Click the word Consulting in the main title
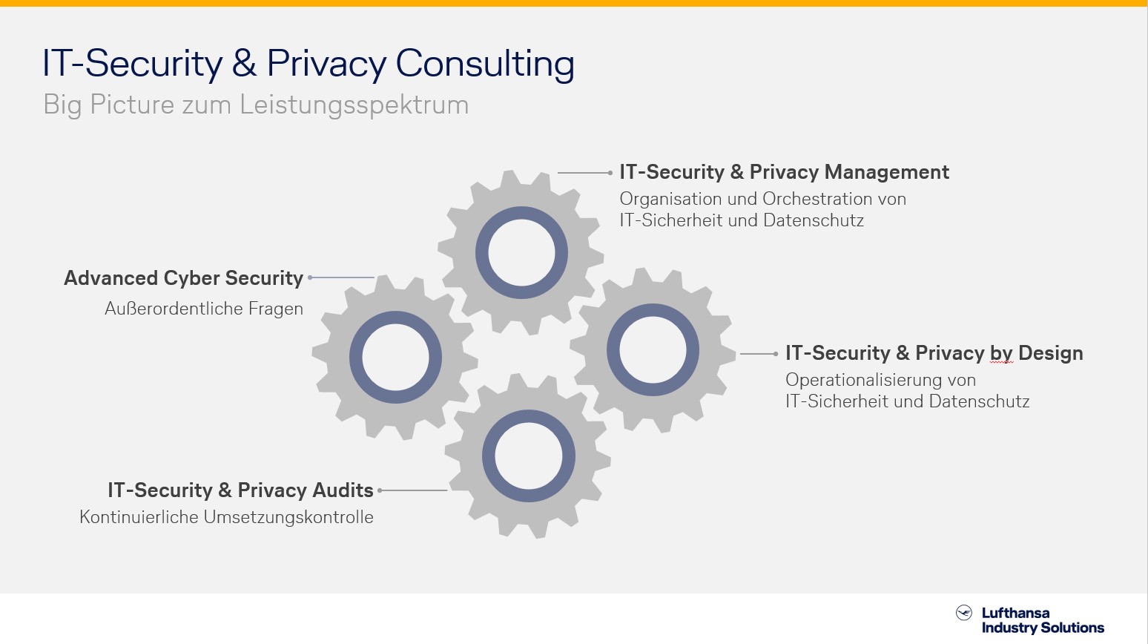point(484,64)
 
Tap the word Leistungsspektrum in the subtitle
point(354,105)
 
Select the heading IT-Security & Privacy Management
point(784,172)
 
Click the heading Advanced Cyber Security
point(183,278)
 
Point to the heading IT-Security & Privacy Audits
point(240,490)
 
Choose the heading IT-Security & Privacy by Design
point(934,354)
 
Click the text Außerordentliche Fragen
point(204,309)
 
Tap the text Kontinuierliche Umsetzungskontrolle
point(226,517)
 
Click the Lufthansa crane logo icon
point(964,613)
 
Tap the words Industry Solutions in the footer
point(1043,628)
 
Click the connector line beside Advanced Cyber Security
point(341,277)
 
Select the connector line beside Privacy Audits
point(412,490)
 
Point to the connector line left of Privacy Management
point(585,173)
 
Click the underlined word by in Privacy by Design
point(1001,355)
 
